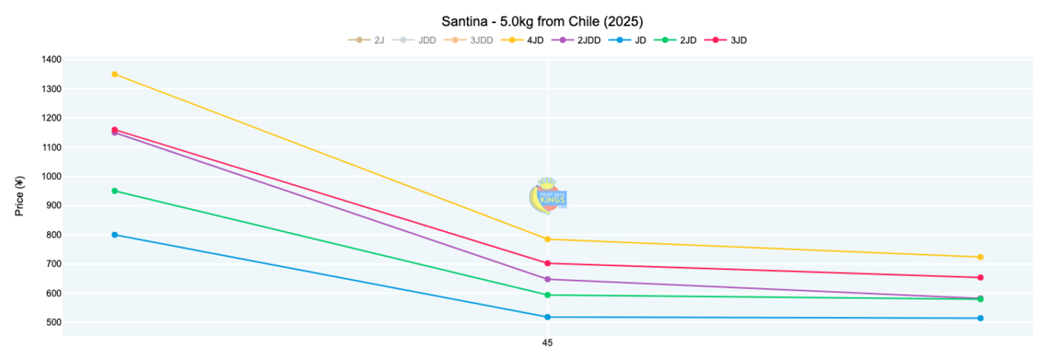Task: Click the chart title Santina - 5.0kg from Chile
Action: pyautogui.click(x=542, y=22)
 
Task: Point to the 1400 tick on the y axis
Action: pyautogui.click(x=51, y=59)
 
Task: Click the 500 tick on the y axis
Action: pyautogui.click(x=53, y=323)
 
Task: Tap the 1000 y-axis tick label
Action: pyautogui.click(x=51, y=176)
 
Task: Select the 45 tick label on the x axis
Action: pyautogui.click(x=547, y=343)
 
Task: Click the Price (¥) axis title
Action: pyautogui.click(x=20, y=196)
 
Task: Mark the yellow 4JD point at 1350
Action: pyautogui.click(x=115, y=74)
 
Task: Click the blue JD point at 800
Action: pyautogui.click(x=115, y=235)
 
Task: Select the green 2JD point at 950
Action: pyautogui.click(x=115, y=191)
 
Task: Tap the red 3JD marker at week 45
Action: pyautogui.click(x=547, y=263)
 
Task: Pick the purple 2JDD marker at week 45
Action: pyautogui.click(x=547, y=279)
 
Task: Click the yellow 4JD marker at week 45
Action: pyautogui.click(x=547, y=239)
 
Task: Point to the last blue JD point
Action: pyautogui.click(x=980, y=318)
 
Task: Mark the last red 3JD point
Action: pyautogui.click(x=980, y=277)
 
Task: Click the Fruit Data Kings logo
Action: pyautogui.click(x=547, y=196)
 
